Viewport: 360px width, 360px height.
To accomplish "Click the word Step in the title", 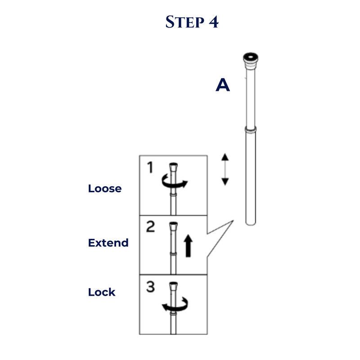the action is (184, 22).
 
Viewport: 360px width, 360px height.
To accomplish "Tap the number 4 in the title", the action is (213, 22).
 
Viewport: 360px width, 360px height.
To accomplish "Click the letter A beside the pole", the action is (223, 85).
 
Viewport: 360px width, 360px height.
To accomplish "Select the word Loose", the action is (105, 189).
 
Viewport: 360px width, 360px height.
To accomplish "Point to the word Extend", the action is (108, 243).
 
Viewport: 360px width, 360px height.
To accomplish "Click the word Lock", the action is (102, 292).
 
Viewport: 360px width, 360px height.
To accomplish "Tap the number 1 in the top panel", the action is (150, 167).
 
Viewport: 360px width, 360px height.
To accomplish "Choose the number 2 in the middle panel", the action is (151, 227).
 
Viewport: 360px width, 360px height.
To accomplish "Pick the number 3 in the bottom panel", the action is (151, 287).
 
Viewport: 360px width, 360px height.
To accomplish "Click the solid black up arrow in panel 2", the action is (188, 246).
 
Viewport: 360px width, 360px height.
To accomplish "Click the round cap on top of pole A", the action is (251, 58).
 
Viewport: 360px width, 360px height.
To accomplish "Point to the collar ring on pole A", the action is (251, 130).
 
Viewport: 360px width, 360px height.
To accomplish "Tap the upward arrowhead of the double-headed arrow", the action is (225, 157).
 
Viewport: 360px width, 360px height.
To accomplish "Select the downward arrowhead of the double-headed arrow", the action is (225, 182).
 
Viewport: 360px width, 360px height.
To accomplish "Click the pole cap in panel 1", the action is (173, 166).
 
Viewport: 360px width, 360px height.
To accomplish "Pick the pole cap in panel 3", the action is (173, 286).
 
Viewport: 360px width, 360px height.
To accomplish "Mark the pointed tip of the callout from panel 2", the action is (233, 220).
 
